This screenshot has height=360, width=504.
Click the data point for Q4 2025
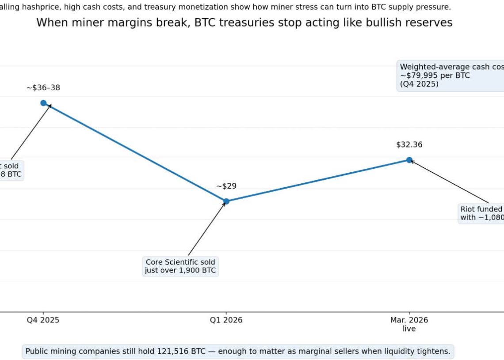coord(43,103)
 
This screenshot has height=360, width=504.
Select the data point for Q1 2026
coord(226,201)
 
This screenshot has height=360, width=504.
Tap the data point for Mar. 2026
coord(409,160)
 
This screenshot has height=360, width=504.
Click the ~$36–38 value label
coord(43,88)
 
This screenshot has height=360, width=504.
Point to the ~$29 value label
coord(226,186)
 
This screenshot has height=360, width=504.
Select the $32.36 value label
coord(409,144)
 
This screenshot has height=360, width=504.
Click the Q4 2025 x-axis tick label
coord(43,320)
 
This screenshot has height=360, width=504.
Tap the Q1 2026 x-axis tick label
coord(226,320)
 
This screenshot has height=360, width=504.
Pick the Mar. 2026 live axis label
coord(409,324)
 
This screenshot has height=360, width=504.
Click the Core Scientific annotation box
coord(180,266)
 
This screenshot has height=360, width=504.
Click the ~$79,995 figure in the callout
coord(420,76)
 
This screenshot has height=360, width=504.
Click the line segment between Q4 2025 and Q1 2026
coord(135,152)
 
